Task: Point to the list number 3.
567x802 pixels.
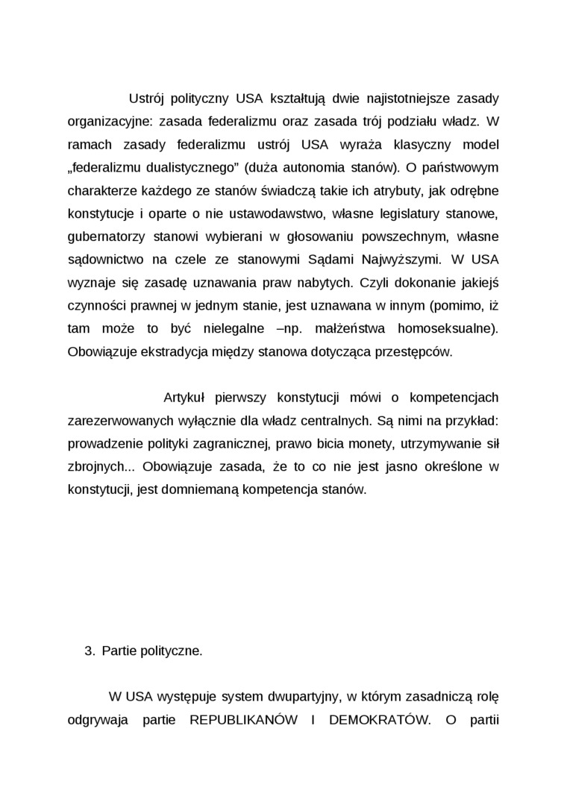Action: tap(90, 651)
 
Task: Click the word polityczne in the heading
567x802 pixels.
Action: tap(172, 651)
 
